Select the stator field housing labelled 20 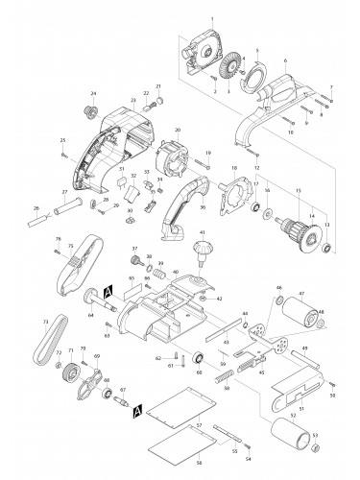pos(173,157)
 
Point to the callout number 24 pos(94,93)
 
